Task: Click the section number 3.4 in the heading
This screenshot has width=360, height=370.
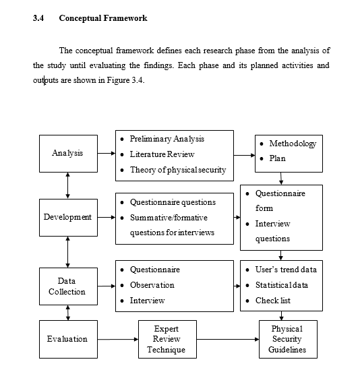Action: (x=38, y=18)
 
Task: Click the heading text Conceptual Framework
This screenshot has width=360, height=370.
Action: (x=102, y=18)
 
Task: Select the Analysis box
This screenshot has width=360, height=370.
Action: (x=67, y=153)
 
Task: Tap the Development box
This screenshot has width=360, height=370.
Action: (x=67, y=217)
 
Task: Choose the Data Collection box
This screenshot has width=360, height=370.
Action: (x=67, y=286)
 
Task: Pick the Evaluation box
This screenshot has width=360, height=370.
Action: (x=67, y=338)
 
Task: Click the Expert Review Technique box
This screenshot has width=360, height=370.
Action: (x=166, y=339)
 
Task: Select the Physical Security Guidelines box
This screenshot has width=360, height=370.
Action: (x=287, y=339)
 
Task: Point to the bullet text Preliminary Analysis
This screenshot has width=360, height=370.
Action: (x=167, y=139)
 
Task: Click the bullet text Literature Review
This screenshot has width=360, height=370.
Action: (x=162, y=154)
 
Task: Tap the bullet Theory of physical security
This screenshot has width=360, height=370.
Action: (x=178, y=170)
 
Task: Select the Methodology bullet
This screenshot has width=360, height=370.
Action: (x=292, y=144)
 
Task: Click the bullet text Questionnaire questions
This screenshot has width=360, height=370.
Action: (x=173, y=202)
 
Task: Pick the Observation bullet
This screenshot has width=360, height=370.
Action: (x=152, y=285)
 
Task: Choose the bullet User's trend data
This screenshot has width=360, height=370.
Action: (x=285, y=270)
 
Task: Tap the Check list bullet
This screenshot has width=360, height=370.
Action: (x=272, y=301)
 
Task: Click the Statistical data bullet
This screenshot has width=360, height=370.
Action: (x=281, y=285)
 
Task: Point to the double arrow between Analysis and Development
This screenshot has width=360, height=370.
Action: (x=67, y=185)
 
